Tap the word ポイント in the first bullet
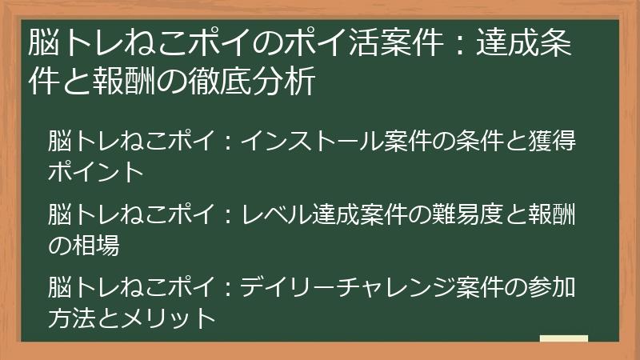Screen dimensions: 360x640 pos(96,171)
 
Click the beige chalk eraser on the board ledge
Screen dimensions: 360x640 pos(563,339)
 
